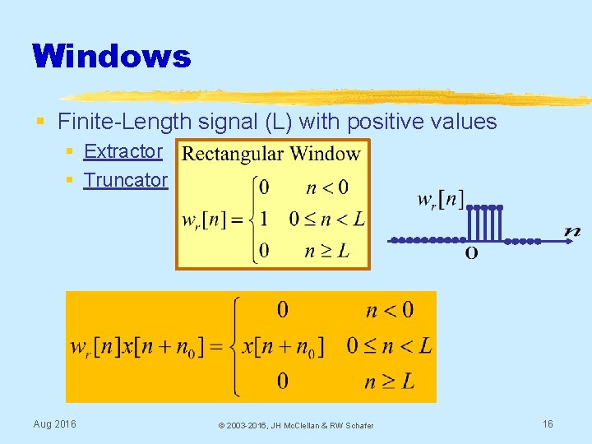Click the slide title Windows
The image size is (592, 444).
coord(112,57)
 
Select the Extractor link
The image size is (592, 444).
coord(123,151)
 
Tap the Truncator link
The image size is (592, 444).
coord(126,180)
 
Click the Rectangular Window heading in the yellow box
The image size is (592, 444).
coord(271,154)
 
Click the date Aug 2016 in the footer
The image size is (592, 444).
coord(54,424)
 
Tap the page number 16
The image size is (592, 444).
coord(548,424)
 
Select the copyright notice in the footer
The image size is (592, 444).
coord(295,425)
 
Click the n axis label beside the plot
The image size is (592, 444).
coord(572,232)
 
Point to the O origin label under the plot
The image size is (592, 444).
coord(471,253)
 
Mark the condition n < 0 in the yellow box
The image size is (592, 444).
coord(326,188)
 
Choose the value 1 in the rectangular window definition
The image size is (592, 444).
coord(264,220)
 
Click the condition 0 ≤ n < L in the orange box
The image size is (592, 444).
coord(388,346)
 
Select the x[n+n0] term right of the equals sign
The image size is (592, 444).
coord(284,346)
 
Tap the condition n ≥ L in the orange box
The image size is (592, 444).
coord(390,381)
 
